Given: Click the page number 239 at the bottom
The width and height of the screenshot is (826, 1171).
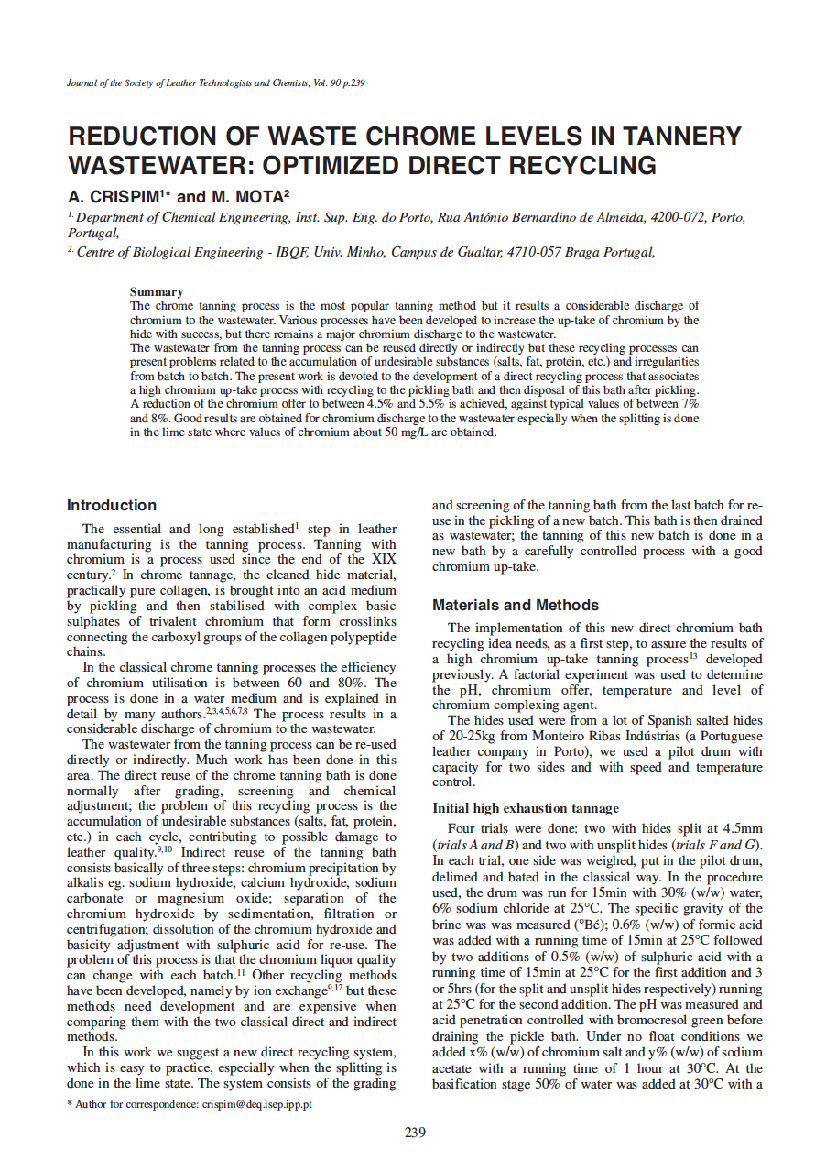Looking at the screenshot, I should click(415, 1133).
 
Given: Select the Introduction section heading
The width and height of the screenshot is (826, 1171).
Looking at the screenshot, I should click(112, 506).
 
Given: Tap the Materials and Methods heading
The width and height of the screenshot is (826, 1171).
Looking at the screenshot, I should click(516, 606).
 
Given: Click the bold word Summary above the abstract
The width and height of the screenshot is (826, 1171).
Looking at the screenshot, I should click(157, 292).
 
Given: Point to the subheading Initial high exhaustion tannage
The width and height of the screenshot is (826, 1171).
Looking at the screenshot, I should click(526, 808).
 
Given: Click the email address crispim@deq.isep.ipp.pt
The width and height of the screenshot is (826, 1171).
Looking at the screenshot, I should click(256, 1104).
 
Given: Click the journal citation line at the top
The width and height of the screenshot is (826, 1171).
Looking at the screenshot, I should click(216, 83).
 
